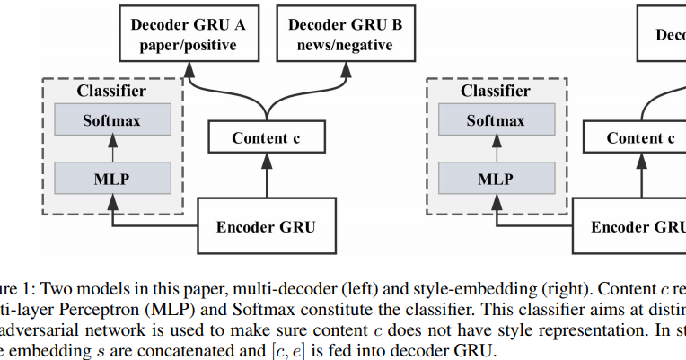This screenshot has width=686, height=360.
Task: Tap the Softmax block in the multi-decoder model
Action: pos(111,120)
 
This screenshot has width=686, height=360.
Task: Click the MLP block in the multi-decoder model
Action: pos(111,178)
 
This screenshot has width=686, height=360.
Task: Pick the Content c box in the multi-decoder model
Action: pos(266,137)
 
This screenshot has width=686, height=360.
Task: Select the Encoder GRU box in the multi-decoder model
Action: pos(266,226)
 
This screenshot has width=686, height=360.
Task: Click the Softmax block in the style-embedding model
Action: pos(495,120)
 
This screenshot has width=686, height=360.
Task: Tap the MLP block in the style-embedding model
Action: pos(495,178)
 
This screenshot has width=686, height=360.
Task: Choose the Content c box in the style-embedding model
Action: pos(639,137)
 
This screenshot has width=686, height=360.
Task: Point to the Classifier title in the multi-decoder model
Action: pos(111,91)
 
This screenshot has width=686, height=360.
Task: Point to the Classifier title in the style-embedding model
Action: pos(495,91)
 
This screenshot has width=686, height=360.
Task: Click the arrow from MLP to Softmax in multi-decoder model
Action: pos(111,149)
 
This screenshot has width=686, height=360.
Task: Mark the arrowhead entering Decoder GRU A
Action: pos(189,66)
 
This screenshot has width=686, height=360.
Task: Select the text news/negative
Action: pos(345,45)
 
